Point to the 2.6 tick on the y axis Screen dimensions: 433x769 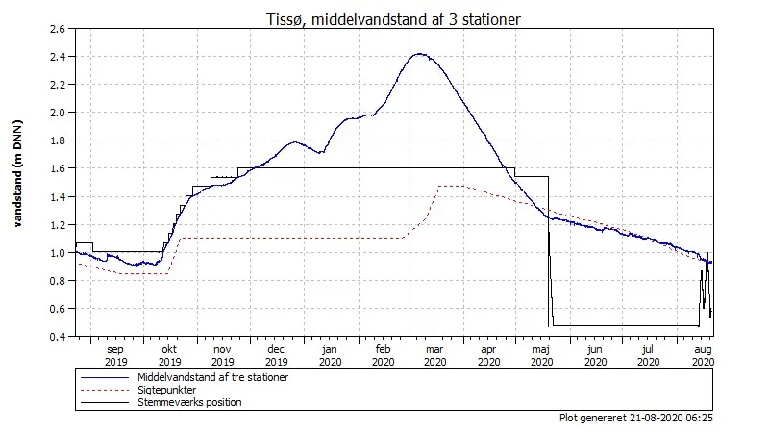click(56, 29)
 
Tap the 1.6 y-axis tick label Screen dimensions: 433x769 click(56, 168)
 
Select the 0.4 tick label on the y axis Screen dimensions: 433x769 click(56, 337)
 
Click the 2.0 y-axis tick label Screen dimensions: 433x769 click(56, 113)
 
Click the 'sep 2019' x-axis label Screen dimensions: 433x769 click(115, 356)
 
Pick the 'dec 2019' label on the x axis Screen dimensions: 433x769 click(276, 356)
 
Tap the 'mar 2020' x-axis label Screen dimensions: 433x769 click(434, 356)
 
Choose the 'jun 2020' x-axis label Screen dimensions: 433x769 click(595, 356)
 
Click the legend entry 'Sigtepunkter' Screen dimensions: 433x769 click(167, 391)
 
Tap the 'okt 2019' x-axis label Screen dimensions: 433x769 click(169, 356)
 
